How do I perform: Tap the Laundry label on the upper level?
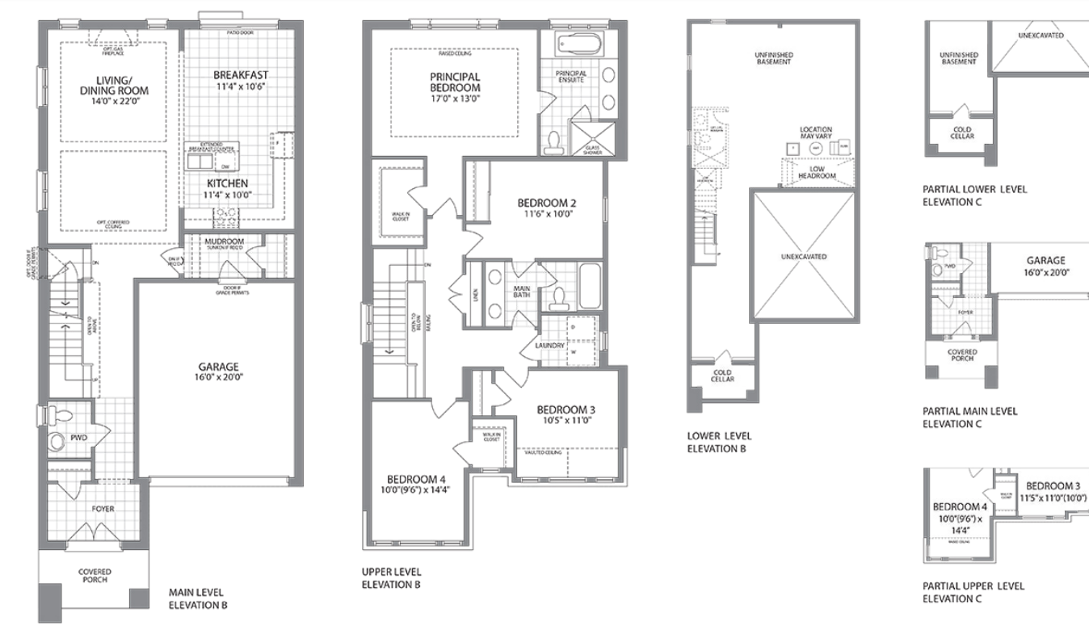click(x=549, y=346)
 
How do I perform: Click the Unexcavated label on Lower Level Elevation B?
click(x=804, y=256)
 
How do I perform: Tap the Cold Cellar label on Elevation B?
click(x=722, y=376)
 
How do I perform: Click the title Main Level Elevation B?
click(x=198, y=598)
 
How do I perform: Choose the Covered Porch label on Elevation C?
click(x=962, y=355)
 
